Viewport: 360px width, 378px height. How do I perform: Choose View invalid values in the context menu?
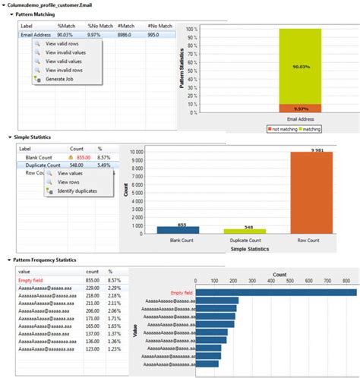[66, 52]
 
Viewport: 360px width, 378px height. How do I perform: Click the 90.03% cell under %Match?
[66, 34]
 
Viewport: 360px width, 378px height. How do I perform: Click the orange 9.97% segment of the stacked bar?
[300, 109]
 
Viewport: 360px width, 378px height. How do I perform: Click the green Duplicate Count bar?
[245, 231]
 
